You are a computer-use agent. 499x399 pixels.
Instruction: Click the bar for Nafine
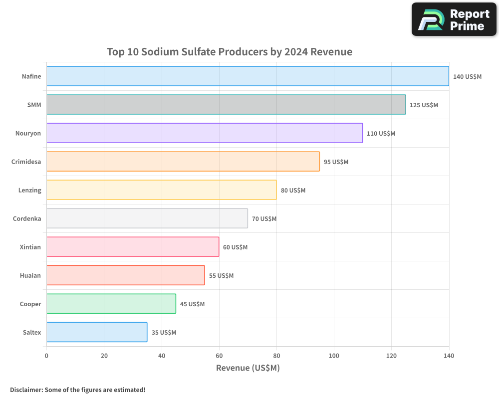coord(248,76)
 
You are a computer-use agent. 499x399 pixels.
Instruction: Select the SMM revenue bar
coord(226,105)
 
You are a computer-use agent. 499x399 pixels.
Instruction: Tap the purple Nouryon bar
coord(205,133)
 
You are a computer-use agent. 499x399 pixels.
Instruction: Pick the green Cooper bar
coord(111,304)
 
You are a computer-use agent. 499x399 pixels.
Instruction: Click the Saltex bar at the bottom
coord(97,332)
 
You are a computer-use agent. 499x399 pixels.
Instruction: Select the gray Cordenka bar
coord(147,218)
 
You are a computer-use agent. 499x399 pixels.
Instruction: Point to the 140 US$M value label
coord(467,77)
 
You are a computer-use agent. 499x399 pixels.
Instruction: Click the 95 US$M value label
coord(336,162)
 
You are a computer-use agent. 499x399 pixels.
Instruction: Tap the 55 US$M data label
coord(221,276)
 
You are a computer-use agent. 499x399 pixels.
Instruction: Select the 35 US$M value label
coord(164,333)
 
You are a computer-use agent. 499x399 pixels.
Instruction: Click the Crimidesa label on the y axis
coord(26,162)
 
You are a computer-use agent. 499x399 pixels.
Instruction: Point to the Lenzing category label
coord(29,190)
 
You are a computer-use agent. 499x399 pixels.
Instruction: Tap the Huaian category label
coord(30,275)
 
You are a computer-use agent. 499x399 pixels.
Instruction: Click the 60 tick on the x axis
coord(219,356)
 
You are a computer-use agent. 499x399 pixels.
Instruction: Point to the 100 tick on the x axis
coord(334,356)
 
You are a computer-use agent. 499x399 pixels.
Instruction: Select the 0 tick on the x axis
coord(46,356)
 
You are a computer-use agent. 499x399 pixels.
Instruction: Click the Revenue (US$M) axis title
coord(248,368)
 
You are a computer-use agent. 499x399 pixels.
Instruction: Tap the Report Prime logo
coord(454,19)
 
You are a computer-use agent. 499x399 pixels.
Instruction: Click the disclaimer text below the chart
coord(77,390)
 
